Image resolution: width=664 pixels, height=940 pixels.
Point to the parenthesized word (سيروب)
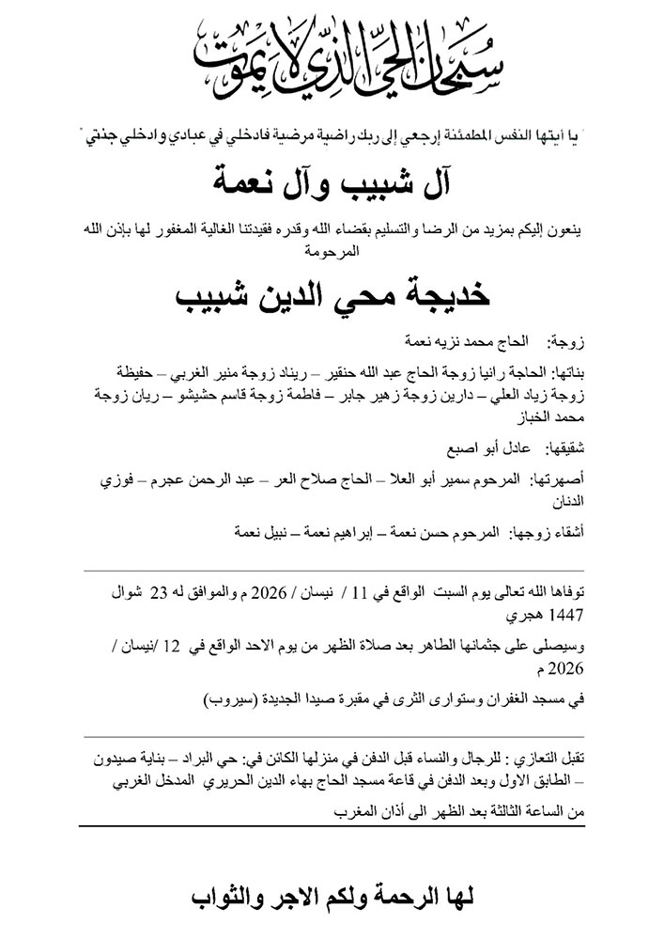(x=226, y=700)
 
